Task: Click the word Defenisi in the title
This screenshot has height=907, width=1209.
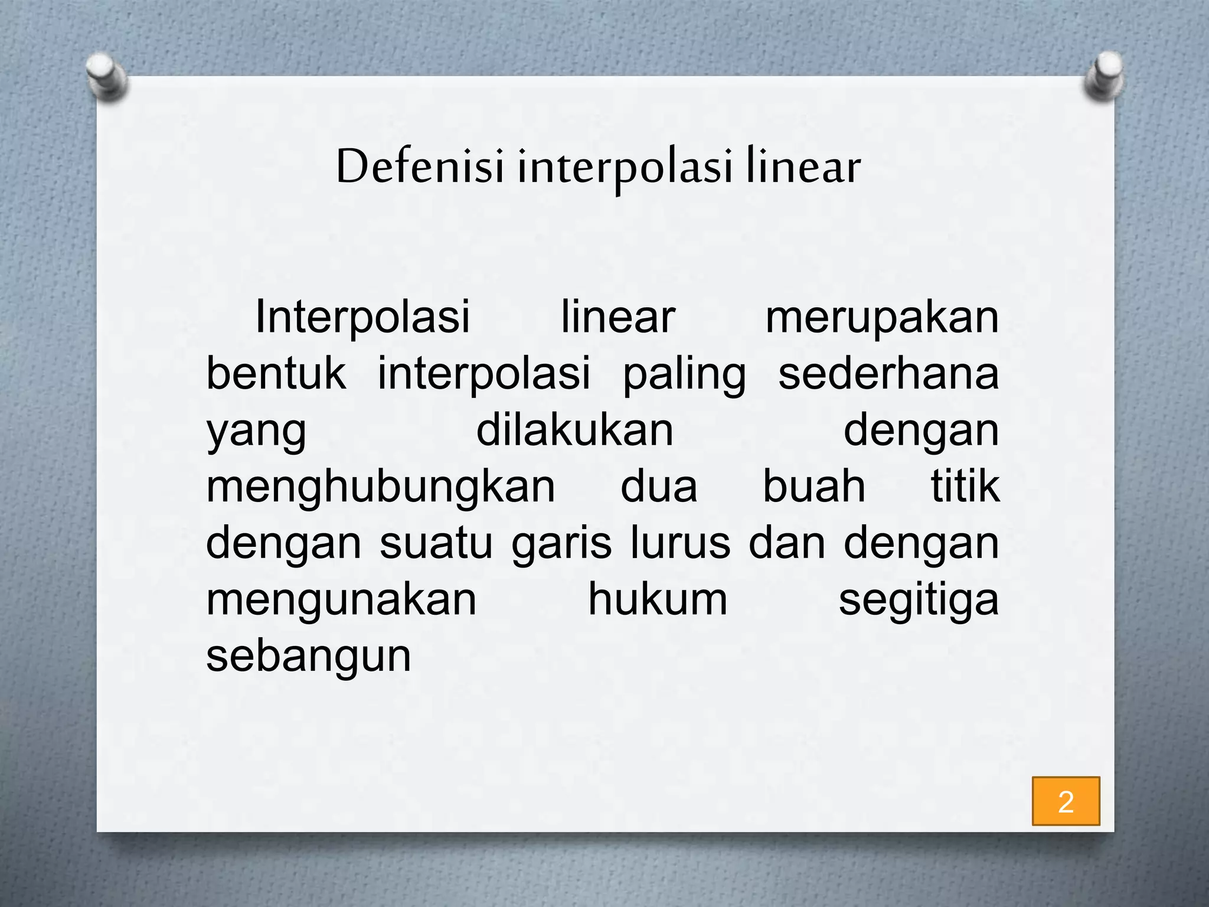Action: (420, 167)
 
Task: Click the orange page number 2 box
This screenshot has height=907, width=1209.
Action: (1066, 801)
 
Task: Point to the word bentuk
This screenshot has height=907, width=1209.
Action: (276, 374)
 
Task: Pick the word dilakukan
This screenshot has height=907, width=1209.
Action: (574, 430)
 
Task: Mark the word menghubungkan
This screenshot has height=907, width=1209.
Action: (381, 488)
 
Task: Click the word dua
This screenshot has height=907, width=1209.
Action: (659, 487)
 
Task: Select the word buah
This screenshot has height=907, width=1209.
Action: (814, 487)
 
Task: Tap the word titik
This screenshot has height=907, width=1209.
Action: (965, 487)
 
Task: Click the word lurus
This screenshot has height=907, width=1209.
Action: (680, 543)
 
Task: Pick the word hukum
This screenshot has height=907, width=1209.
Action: (658, 600)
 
